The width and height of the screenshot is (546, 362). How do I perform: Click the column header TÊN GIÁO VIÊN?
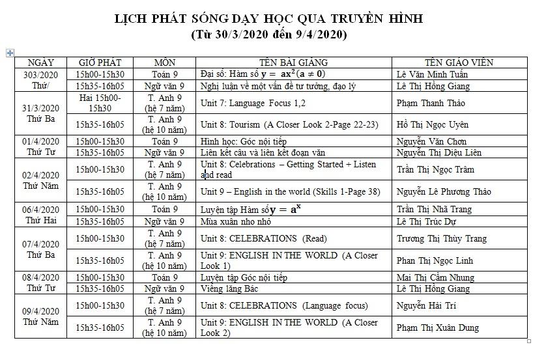click(x=459, y=63)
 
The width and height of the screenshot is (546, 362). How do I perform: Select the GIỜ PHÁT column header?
click(x=100, y=63)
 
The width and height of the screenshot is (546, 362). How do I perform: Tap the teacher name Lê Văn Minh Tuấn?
click(x=431, y=74)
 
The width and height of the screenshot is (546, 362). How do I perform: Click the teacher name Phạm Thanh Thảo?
click(x=428, y=103)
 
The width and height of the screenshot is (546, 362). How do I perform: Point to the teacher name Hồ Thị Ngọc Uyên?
click(x=432, y=124)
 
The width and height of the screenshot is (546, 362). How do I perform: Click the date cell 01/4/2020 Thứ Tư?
click(x=40, y=146)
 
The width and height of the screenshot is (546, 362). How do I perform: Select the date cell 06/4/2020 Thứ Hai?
click(x=40, y=215)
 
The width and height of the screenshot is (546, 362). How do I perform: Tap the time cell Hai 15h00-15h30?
click(x=100, y=103)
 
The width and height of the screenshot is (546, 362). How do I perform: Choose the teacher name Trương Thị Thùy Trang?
click(x=440, y=238)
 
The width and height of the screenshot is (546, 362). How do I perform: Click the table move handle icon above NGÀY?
click(x=10, y=52)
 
